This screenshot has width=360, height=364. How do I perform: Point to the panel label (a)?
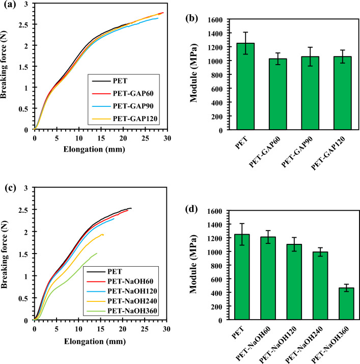click(8, 5)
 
